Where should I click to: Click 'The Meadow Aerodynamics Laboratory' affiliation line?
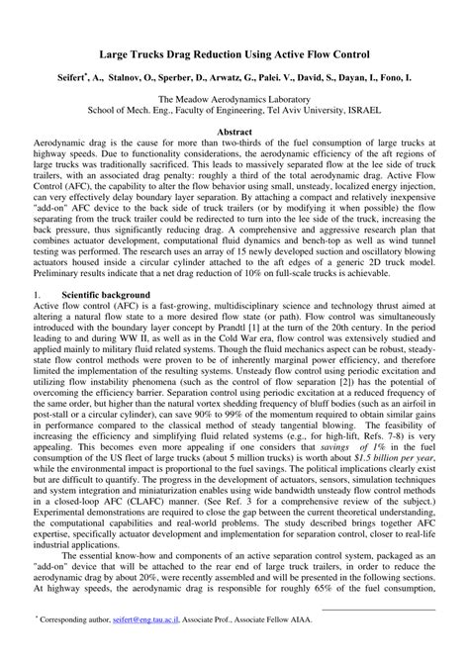pos(234,99)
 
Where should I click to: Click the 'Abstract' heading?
pos(234,131)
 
